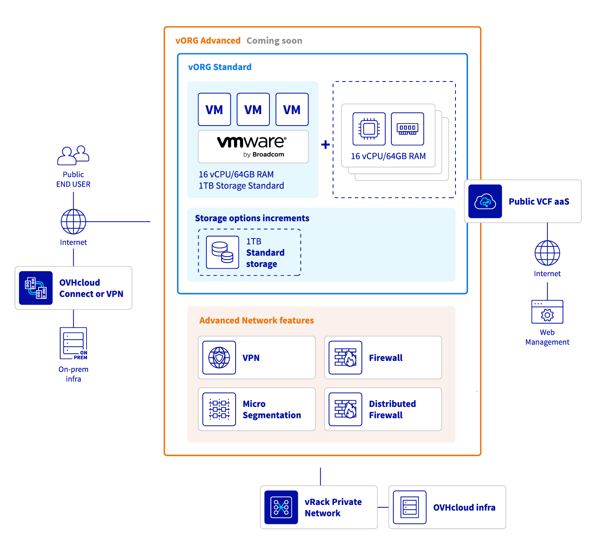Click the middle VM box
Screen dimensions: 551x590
point(253,109)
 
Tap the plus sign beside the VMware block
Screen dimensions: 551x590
point(325,144)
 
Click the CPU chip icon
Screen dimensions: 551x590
point(369,129)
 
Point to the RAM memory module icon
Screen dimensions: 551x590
point(407,129)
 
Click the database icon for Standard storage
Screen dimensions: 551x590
point(222,252)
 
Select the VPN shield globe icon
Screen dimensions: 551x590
point(219,357)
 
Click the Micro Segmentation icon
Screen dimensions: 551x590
point(219,409)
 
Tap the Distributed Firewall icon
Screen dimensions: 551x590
point(345,409)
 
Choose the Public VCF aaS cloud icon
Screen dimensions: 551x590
point(485,202)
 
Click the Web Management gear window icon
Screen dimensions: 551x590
point(547,312)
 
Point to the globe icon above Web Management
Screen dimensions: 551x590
point(547,253)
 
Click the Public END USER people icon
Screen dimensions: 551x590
point(73,155)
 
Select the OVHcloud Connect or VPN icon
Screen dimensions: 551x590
point(36,288)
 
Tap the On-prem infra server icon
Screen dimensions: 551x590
point(74,343)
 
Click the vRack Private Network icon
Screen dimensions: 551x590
point(281,507)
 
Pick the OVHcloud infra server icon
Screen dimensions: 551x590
point(409,507)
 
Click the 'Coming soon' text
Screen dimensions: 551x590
point(274,41)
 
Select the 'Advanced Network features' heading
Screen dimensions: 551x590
point(256,321)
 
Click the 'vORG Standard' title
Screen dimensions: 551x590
point(219,67)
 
